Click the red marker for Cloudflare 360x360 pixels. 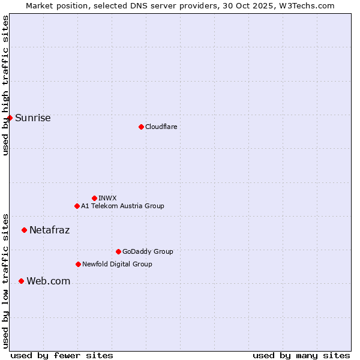tap(141, 127)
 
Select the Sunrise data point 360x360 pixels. tap(10, 118)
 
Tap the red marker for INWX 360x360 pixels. tap(94, 198)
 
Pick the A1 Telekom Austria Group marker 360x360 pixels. tap(77, 206)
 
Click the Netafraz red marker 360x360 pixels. tap(24, 230)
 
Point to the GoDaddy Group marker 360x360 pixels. tap(118, 251)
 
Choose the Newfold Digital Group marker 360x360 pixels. tap(78, 264)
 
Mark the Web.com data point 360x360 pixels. tap(21, 281)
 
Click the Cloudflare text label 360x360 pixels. tap(161, 127)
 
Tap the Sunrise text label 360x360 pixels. tap(33, 118)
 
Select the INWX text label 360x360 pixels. tap(107, 198)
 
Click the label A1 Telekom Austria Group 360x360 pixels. tap(122, 206)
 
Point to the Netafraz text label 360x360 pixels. tap(49, 230)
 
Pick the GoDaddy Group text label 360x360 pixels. tap(148, 251)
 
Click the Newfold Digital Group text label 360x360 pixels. tap(117, 264)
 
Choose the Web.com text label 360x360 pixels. tap(48, 281)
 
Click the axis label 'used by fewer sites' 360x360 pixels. tap(62, 355)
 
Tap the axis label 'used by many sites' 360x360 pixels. tap(301, 355)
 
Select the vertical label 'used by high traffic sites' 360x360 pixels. tap(5, 85)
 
